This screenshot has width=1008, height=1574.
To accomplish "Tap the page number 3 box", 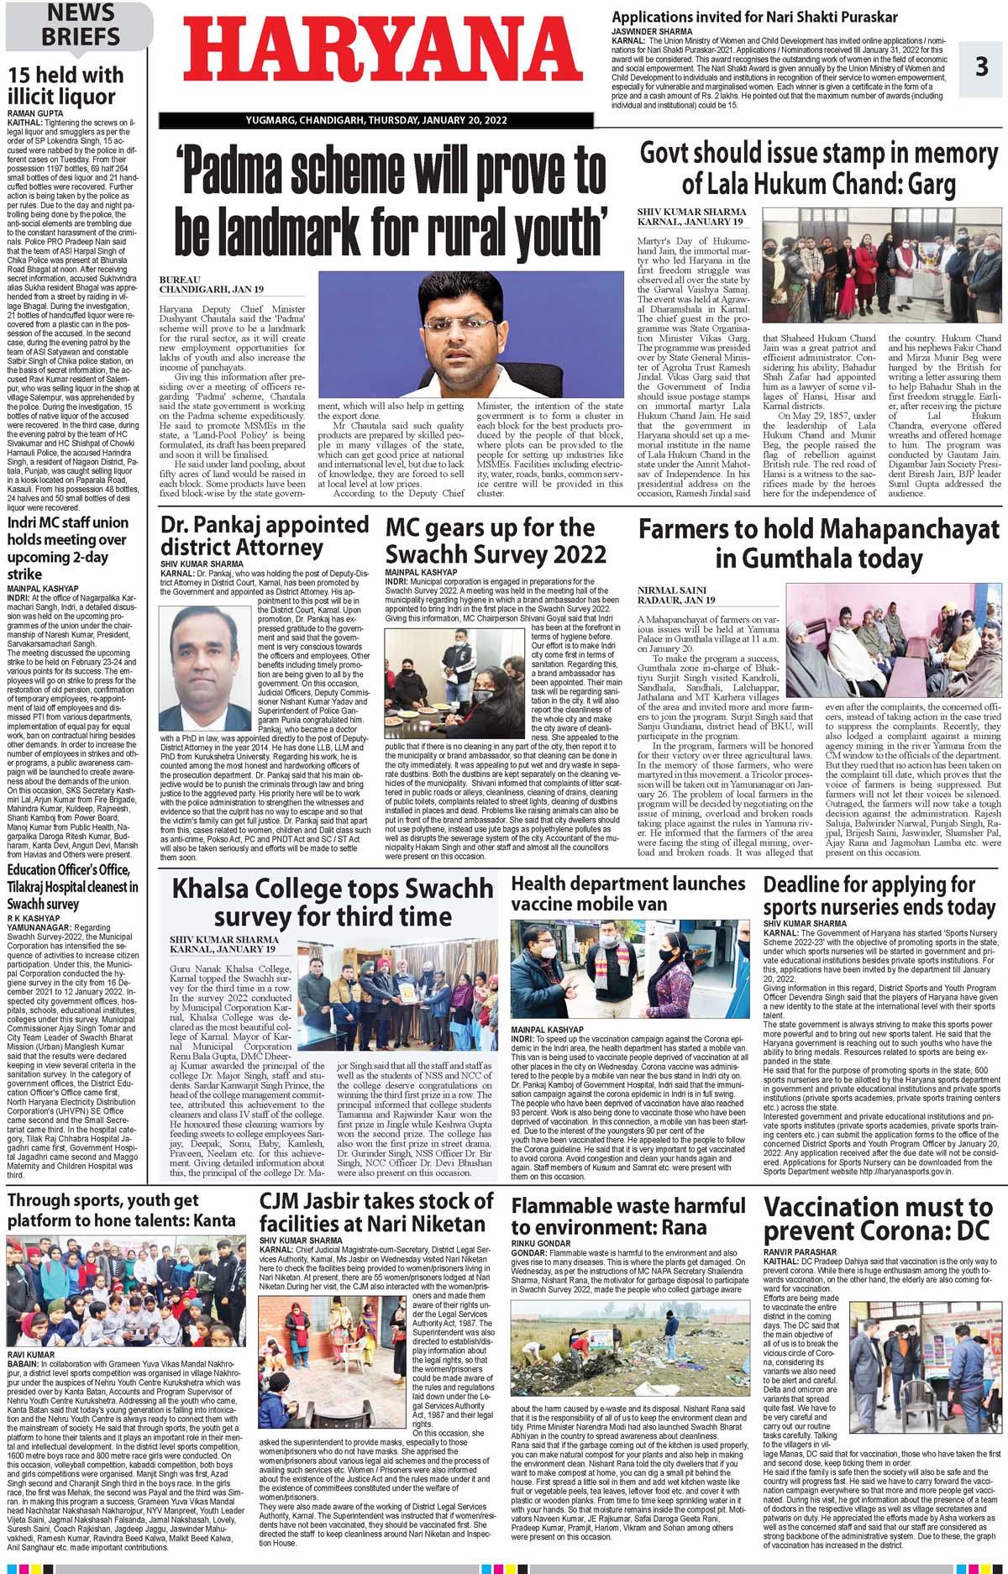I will pos(981,66).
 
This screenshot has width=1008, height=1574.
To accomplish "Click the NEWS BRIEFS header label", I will pos(81,25).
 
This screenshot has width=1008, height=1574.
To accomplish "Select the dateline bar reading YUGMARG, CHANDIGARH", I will pos(376,120).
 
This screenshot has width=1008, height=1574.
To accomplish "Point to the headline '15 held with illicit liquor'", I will pos(66,86).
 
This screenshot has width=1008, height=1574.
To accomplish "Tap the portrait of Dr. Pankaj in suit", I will pos(205,669).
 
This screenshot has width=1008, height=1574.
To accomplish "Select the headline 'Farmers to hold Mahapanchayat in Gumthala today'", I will pos(819,543).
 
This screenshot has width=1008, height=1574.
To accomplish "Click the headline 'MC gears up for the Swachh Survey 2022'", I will pos(496,541).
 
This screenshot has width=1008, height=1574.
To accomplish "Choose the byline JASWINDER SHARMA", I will pos(652,31).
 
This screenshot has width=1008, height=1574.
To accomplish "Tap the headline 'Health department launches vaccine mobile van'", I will pos(627,894).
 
